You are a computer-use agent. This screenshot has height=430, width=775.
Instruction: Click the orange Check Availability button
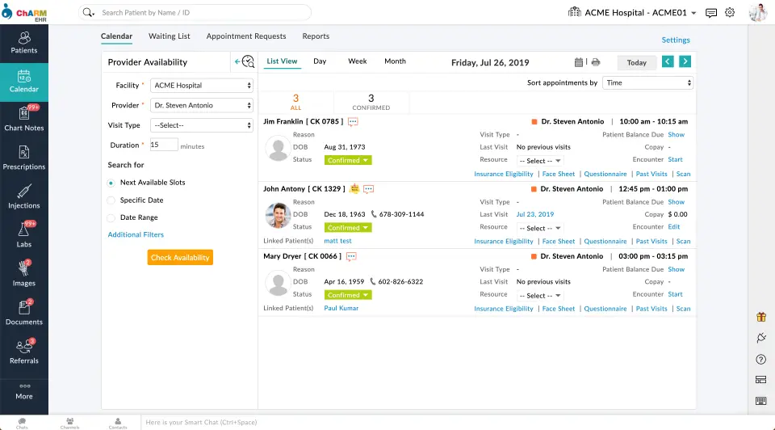click(180, 258)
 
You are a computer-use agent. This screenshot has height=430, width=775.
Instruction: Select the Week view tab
click(357, 61)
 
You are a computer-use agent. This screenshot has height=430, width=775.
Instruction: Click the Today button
click(636, 62)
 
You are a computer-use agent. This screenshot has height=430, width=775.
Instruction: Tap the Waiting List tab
click(170, 36)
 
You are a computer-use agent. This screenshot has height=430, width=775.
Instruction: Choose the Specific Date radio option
click(111, 200)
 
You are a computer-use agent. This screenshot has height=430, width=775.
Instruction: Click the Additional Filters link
click(136, 234)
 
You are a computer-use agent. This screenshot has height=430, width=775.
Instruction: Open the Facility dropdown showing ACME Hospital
click(203, 85)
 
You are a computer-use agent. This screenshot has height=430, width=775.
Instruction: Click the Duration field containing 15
click(164, 145)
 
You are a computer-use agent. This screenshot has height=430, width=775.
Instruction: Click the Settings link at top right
click(676, 40)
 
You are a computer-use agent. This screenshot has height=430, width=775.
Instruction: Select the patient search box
click(202, 13)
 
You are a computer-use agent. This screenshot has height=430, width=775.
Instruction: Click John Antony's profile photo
click(278, 215)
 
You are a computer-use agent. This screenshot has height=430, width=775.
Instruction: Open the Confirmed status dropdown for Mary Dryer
click(349, 295)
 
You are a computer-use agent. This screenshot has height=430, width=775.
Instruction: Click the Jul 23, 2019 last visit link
click(535, 214)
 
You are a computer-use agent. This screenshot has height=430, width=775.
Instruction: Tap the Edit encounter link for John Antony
click(674, 227)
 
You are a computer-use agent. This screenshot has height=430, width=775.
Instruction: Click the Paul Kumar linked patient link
click(341, 308)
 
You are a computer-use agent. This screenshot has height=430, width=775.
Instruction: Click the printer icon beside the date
click(596, 62)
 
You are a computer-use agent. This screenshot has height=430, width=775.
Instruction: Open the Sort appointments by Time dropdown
click(648, 82)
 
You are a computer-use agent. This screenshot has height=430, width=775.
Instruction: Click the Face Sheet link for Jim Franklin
click(559, 174)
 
